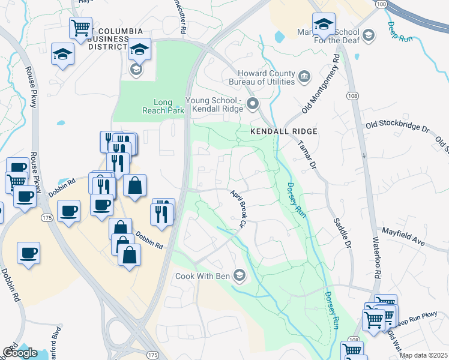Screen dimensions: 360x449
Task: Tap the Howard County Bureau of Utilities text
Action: click(x=263, y=77)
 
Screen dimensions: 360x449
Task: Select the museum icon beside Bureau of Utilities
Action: click(x=304, y=76)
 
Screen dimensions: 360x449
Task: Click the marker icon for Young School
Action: click(x=253, y=104)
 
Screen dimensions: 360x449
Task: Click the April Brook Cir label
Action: click(x=239, y=209)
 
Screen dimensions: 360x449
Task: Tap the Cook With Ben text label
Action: click(x=203, y=277)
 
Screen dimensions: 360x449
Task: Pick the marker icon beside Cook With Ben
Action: click(x=239, y=275)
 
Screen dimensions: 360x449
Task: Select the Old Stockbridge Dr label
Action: click(x=399, y=127)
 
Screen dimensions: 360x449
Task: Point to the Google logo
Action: click(x=20, y=353)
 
